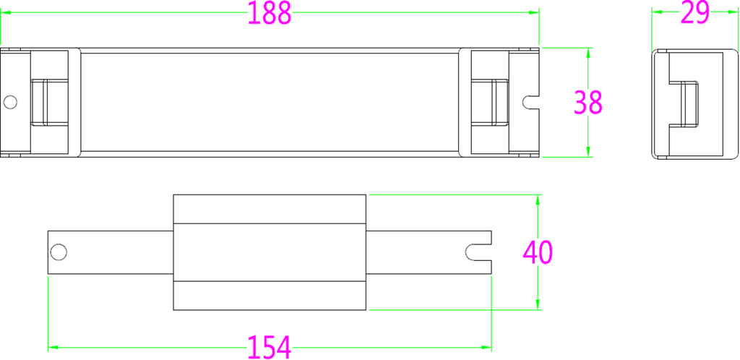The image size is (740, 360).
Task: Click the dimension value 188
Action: point(270,13)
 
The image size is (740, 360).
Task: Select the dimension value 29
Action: point(694,13)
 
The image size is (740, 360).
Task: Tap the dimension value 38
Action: point(588,103)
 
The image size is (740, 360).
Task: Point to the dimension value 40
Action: point(538,252)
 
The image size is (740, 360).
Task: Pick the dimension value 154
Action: point(269,347)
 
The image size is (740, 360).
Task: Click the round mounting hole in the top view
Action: point(10,102)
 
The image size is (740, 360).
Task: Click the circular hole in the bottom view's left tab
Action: point(59,252)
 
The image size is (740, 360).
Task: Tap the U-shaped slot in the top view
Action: point(531,102)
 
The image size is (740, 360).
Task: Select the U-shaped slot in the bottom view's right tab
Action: point(478,252)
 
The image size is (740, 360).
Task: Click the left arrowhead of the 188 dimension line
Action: point(5,12)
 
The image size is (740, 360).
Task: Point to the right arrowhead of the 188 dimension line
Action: point(534,12)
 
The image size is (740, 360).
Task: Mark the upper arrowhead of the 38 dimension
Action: point(588,53)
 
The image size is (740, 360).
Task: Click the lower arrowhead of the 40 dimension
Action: point(538,305)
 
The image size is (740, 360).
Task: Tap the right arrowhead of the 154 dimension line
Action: point(486,347)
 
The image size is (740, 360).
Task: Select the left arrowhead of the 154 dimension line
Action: point(53,347)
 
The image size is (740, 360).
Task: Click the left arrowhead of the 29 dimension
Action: point(657,12)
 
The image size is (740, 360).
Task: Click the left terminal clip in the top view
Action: point(50,103)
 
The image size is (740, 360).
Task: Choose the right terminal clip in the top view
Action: point(490,103)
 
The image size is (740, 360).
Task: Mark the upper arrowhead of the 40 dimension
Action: point(538,200)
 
